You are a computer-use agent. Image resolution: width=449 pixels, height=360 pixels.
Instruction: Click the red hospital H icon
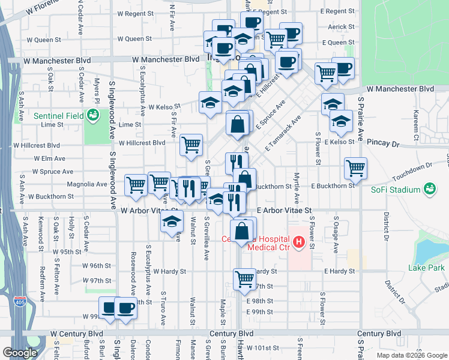pos(311,243)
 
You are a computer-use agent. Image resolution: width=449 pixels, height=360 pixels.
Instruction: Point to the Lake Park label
pos(426,267)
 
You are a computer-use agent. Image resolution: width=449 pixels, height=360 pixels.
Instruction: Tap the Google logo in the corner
pos(20,353)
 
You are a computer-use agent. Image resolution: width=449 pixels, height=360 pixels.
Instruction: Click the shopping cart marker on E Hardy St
pos(244,278)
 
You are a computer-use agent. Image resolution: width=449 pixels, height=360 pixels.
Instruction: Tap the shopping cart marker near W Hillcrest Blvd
pos(191,144)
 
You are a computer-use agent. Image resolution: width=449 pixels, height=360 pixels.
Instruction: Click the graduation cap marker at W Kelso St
pos(210,102)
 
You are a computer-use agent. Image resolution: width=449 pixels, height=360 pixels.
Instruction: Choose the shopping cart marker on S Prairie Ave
pos(355,168)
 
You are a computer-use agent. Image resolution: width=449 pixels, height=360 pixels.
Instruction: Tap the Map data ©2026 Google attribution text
pos(411,355)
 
